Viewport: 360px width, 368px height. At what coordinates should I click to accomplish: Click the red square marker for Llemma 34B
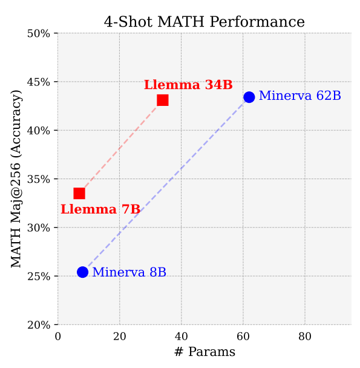coord(163,100)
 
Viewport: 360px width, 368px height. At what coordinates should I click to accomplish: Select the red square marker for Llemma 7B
coord(79,193)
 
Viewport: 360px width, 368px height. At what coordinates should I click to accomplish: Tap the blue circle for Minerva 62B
coord(249,97)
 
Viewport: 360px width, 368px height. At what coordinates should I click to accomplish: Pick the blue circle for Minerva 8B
coord(83,272)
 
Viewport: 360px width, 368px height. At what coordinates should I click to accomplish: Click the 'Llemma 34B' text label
coord(188,85)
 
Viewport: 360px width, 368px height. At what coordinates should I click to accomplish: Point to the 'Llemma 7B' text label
coord(100,209)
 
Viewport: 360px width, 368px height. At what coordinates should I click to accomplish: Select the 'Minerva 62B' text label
coord(299,96)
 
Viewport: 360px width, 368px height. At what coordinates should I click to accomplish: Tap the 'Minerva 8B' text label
coord(129,272)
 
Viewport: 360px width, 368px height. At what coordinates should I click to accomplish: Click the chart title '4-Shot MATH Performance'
coord(205,22)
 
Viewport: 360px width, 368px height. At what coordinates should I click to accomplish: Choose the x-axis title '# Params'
coord(205,352)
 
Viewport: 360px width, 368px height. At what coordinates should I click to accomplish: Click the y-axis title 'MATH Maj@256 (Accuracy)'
coord(16,179)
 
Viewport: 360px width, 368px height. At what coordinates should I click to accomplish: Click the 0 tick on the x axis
coord(58,336)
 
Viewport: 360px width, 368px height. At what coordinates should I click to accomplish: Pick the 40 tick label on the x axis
coord(181,336)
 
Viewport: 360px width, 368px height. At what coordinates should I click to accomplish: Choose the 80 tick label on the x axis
coord(304,336)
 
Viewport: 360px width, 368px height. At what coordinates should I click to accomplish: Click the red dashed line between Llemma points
coord(121,146)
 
